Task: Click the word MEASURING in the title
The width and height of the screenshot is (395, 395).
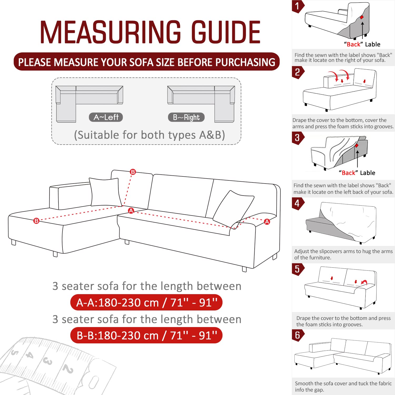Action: pos(110,32)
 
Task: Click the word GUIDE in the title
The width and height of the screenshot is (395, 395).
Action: pos(226,32)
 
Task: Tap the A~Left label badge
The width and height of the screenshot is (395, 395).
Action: pos(106,117)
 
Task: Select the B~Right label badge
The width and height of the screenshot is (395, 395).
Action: pos(186,117)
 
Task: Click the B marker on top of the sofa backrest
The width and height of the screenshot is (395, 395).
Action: pos(133,172)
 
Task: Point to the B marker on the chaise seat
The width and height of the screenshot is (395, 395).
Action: pos(36,221)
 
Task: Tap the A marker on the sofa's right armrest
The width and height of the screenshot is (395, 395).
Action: pos(267,222)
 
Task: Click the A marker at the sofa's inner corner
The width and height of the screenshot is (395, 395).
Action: pos(131,210)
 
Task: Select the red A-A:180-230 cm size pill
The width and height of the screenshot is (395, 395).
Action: pos(146,303)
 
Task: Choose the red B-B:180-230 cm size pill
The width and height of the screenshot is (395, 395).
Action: pos(146,335)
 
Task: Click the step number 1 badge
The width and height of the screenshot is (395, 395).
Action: pos(297,6)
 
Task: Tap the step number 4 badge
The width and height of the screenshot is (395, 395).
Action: pos(297,203)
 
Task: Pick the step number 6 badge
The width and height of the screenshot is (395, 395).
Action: pos(297,335)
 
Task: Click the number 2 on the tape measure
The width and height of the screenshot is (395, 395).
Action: pos(68,369)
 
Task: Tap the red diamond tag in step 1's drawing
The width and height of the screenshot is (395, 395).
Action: pos(362,17)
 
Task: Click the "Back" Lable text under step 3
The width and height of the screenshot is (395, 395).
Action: pos(357,173)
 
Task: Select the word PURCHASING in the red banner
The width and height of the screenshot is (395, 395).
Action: pos(245,62)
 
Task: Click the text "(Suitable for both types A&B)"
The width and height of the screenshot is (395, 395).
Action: pos(149,135)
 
